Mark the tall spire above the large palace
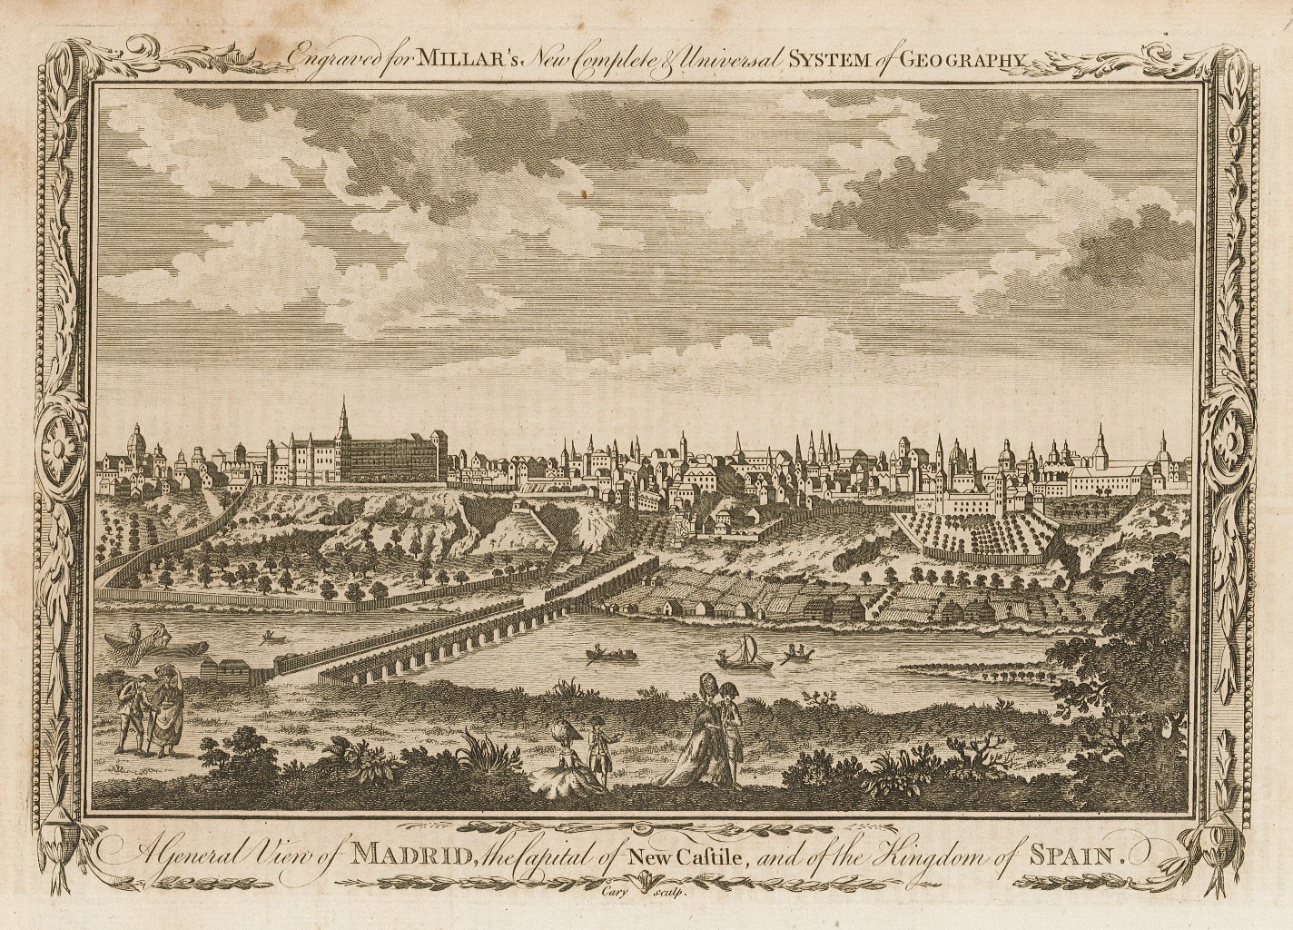[x=344, y=420]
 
